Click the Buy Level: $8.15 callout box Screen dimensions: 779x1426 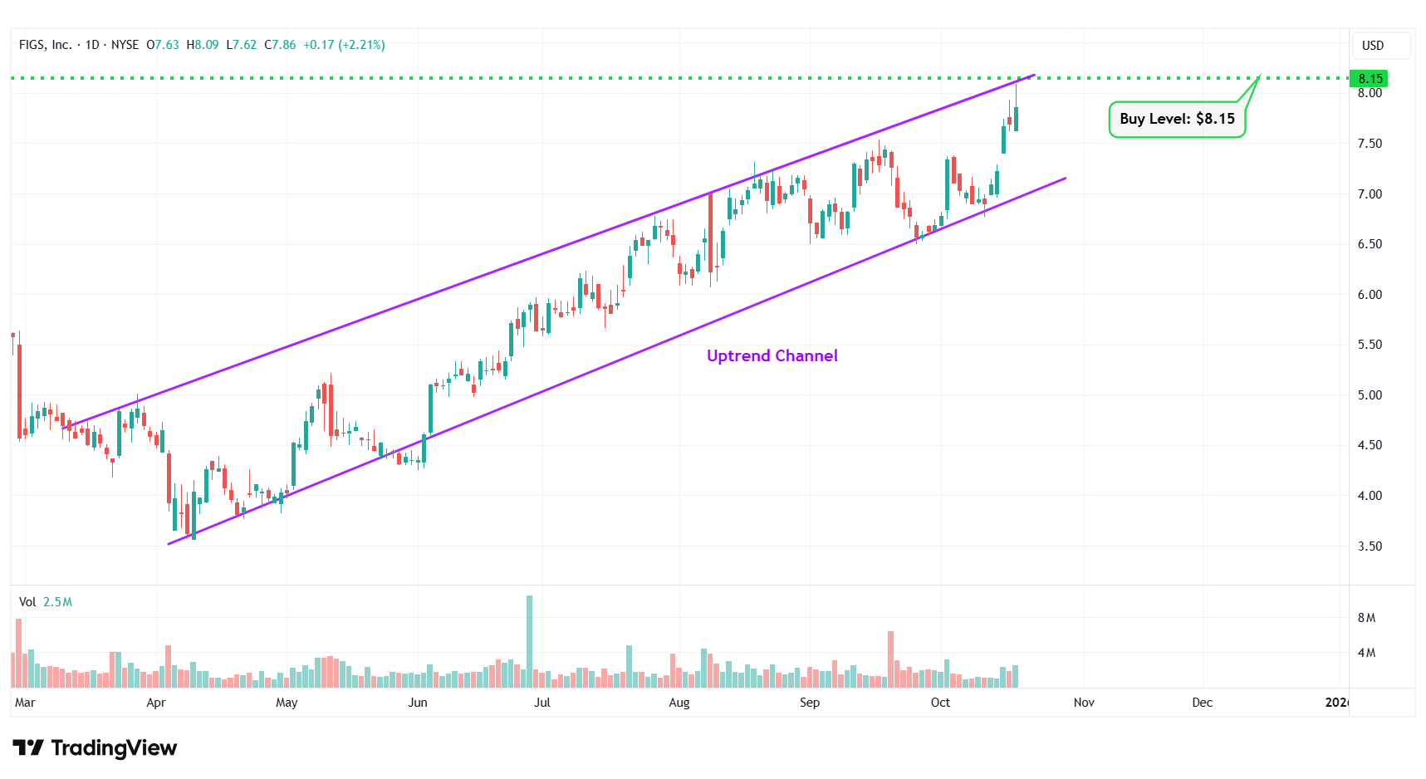[1176, 119]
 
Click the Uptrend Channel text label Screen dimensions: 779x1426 [772, 355]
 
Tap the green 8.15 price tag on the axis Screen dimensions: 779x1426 [1370, 79]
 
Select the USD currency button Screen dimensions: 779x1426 [1372, 46]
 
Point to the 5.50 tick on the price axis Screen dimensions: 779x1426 [1370, 345]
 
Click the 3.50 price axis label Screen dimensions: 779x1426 [1370, 546]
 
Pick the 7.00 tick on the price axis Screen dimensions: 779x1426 [1370, 194]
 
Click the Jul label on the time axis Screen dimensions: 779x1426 [541, 703]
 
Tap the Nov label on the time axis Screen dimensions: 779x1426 [1083, 703]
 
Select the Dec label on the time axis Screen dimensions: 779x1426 [1202, 703]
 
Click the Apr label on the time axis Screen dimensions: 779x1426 [155, 703]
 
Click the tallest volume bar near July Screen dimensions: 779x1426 [529, 640]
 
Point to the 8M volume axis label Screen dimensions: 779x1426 [1366, 618]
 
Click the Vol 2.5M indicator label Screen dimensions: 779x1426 [46, 602]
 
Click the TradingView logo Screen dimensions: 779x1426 [95, 748]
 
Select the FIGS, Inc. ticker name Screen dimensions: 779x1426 [45, 45]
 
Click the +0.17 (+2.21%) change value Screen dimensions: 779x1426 [344, 45]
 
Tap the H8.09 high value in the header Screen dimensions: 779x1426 [203, 45]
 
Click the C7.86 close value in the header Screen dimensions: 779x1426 [280, 45]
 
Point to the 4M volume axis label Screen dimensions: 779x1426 [1366, 653]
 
